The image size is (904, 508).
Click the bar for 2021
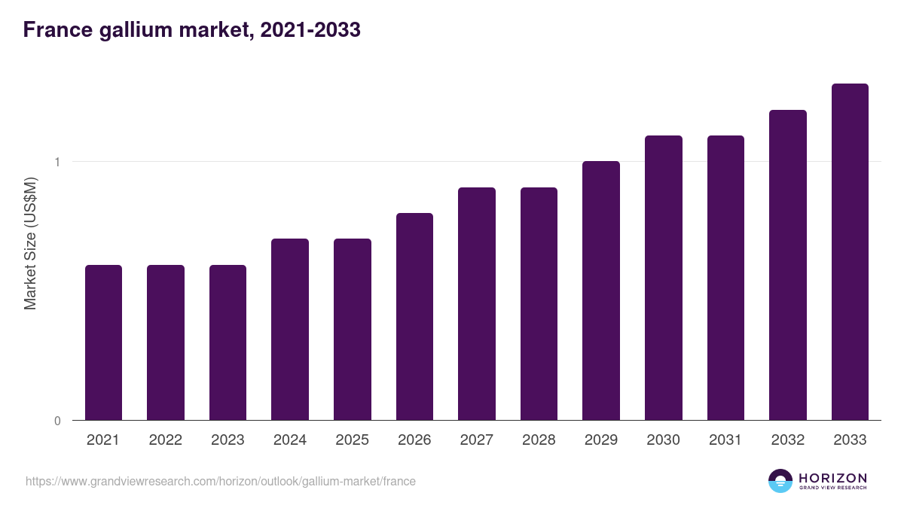pos(103,342)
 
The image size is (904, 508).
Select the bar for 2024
pos(290,329)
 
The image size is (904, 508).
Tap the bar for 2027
pos(477,303)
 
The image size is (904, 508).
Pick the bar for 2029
pos(601,291)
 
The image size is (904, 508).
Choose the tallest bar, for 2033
pos(850,251)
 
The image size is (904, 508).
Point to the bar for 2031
pos(725,278)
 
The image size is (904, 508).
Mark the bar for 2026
pos(414,316)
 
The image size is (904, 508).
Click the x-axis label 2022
pos(165,440)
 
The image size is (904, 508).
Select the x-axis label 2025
pos(352,440)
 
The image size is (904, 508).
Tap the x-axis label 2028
pos(539,440)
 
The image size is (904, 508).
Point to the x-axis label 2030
pos(663,440)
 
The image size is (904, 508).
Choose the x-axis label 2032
pos(787,440)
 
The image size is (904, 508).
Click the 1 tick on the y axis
pos(56,162)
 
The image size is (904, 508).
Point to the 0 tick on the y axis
pos(56,421)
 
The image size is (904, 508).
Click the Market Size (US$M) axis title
pos(30,243)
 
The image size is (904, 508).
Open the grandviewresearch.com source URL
pos(220,481)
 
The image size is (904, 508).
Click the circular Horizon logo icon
pos(780,481)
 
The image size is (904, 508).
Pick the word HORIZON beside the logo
pos(832,477)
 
